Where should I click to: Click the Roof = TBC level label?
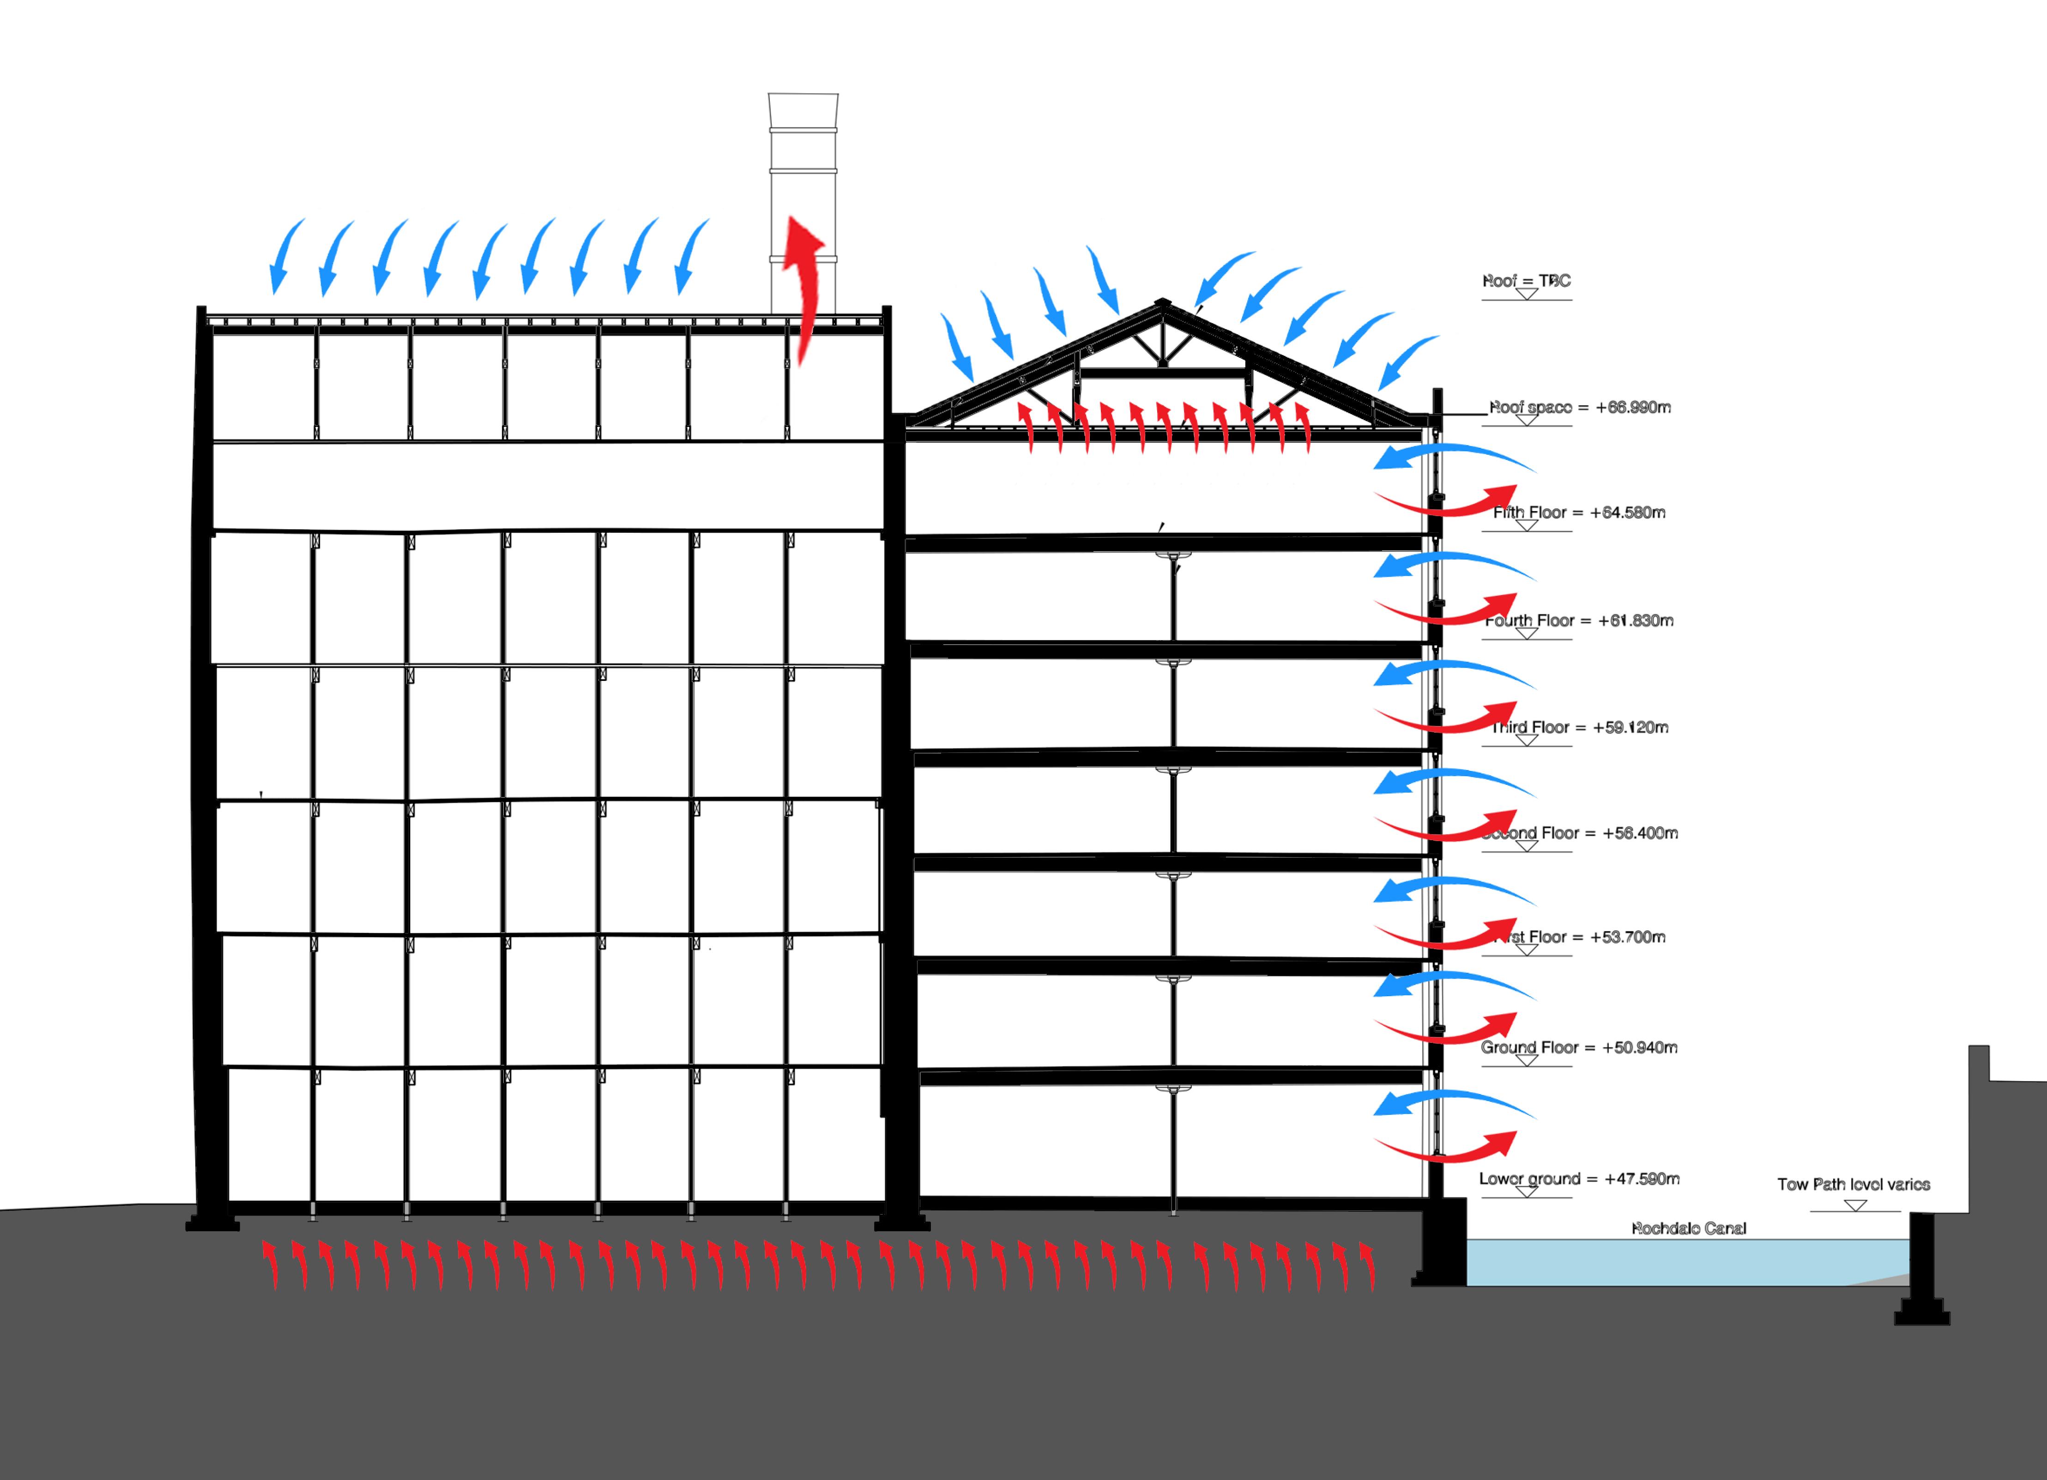(1526, 281)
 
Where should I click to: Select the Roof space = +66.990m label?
(1580, 407)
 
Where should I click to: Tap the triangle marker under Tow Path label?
(1855, 1206)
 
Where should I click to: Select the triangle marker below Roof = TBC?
(1526, 294)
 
